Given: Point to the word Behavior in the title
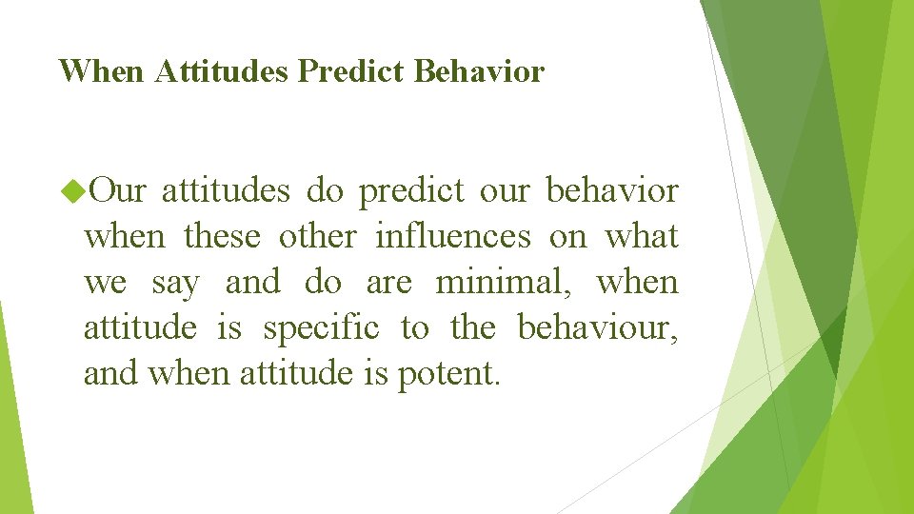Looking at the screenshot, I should (480, 71).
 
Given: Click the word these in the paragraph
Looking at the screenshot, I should (222, 237).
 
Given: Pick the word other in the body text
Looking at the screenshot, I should (318, 237).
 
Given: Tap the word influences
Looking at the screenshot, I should (453, 237).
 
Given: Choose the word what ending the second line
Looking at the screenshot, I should (642, 237).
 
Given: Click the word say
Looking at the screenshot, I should (175, 283).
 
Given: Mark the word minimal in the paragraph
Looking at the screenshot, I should (507, 283).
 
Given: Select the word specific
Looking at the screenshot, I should (321, 328).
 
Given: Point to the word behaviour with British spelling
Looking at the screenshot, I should (597, 328).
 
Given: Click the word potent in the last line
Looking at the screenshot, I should (447, 374).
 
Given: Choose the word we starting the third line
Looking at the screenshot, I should (104, 283).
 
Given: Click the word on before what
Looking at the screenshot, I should (568, 237).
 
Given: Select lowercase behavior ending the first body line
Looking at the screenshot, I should (612, 191).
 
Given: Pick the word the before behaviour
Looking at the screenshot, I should (473, 328).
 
